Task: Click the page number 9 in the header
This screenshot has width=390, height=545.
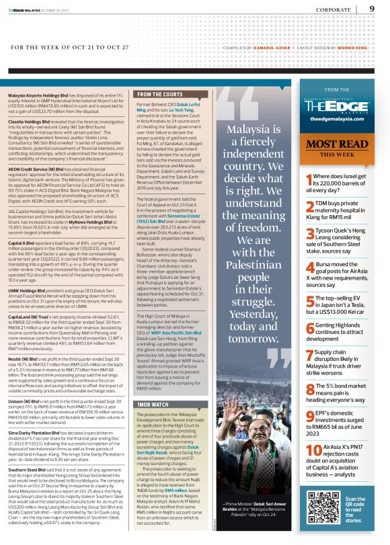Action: [373, 9]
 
